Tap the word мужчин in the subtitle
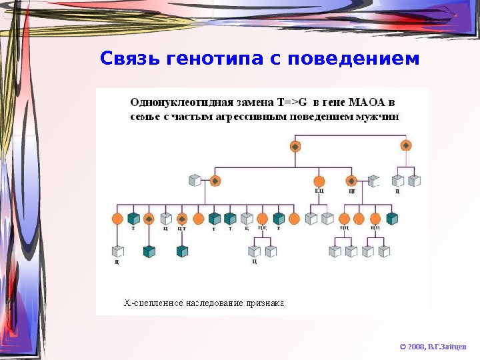pyautogui.click(x=381, y=116)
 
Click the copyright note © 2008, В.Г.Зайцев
pyautogui.click(x=433, y=347)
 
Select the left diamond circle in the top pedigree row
pyautogui.click(x=295, y=145)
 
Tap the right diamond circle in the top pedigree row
pyautogui.click(x=405, y=145)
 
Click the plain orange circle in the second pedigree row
pyautogui.click(x=319, y=181)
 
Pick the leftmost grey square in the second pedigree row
pyautogui.click(x=195, y=181)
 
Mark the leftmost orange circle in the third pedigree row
pyautogui.click(x=118, y=219)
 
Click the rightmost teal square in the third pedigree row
pyautogui.click(x=392, y=219)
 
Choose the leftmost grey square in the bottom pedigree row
pyautogui.click(x=118, y=251)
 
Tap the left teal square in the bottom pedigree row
pyautogui.click(x=149, y=251)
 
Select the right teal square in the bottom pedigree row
pyautogui.click(x=182, y=251)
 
